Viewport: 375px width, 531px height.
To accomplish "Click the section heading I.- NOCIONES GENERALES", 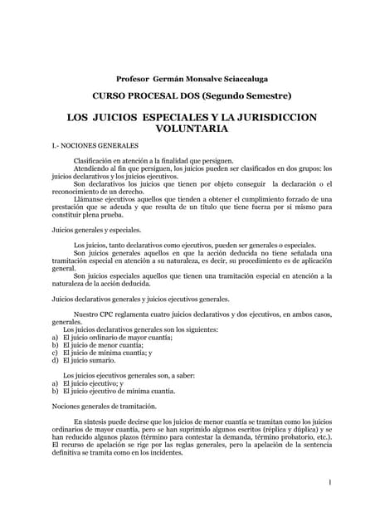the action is coord(95,146).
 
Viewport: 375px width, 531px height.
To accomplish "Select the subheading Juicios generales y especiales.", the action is coord(96,230).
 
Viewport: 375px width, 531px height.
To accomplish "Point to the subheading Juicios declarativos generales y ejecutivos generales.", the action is coord(140,299).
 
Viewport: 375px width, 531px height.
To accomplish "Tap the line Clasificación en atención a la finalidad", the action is coord(153,161).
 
